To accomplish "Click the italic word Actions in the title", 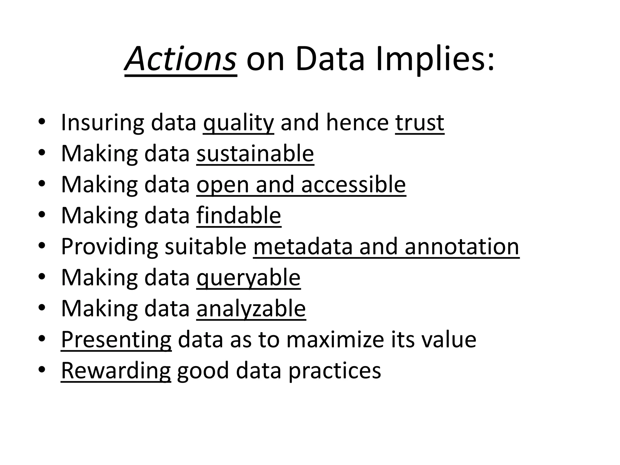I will click(x=180, y=59).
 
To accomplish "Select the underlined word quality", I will click(x=239, y=123).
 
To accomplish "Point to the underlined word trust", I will click(x=420, y=123).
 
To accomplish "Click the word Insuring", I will click(x=102, y=123).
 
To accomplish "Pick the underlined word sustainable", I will click(x=255, y=154).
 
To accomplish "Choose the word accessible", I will click(x=353, y=185).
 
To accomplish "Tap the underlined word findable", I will click(x=239, y=216).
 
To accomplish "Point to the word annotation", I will click(x=462, y=247).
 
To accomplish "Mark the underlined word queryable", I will click(x=249, y=278).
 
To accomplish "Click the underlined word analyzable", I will click(x=251, y=309).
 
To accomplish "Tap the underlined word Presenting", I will click(x=116, y=340).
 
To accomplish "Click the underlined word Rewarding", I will click(x=116, y=371).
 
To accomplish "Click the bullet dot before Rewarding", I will click(x=42, y=370).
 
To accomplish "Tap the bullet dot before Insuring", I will click(x=42, y=122).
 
